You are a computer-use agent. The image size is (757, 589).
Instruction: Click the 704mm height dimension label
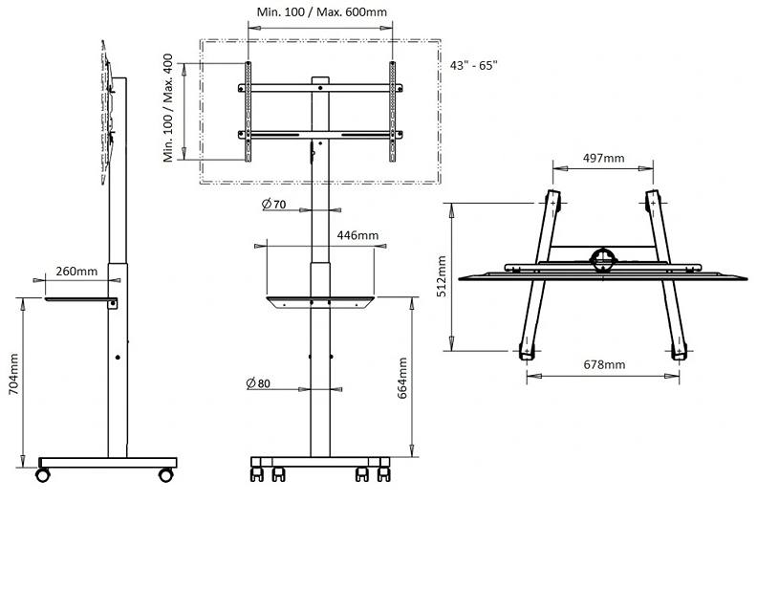13,374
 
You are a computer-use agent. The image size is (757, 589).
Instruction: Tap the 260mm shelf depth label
76,272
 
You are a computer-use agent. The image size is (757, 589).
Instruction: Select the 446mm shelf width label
357,235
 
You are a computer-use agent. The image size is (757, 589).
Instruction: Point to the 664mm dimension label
402,378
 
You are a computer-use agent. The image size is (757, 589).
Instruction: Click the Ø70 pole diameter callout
273,205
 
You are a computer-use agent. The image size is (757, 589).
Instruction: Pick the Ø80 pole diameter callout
258,383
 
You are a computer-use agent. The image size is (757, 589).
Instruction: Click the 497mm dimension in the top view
603,158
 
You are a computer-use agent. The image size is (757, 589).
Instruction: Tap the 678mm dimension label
604,364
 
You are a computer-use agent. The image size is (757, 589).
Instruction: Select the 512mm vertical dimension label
442,276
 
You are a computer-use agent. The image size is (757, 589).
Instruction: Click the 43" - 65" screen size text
474,65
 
